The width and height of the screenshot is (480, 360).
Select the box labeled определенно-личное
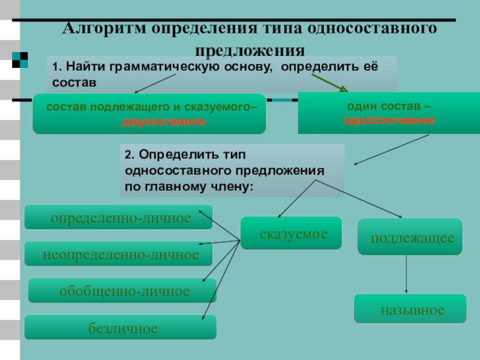click(x=119, y=217)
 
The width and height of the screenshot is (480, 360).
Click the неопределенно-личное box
click(x=119, y=254)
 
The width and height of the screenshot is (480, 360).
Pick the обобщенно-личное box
click(x=123, y=291)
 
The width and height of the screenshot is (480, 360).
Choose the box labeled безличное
click(x=121, y=328)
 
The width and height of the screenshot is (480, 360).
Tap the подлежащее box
click(x=410, y=238)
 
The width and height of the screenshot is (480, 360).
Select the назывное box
click(x=410, y=310)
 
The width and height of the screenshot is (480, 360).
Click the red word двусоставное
click(x=163, y=122)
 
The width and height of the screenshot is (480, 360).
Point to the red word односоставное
click(x=389, y=120)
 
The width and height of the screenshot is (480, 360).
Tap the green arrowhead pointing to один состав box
click(x=343, y=89)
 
